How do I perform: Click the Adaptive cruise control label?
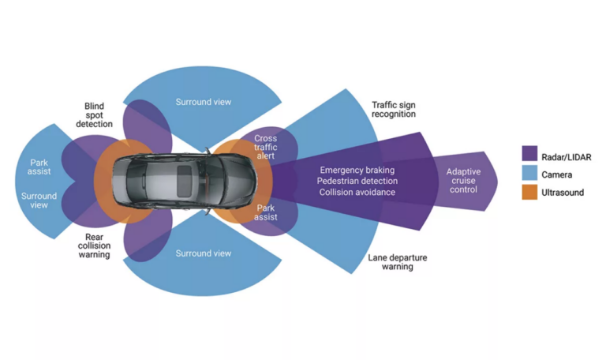click(463, 181)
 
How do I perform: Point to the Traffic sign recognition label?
click(394, 109)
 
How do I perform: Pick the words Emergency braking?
click(357, 170)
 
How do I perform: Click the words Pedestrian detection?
click(357, 181)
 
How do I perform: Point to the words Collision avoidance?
click(357, 192)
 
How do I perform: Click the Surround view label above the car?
click(203, 102)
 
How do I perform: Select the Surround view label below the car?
click(203, 253)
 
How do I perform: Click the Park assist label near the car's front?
click(266, 212)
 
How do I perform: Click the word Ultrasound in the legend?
click(563, 192)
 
